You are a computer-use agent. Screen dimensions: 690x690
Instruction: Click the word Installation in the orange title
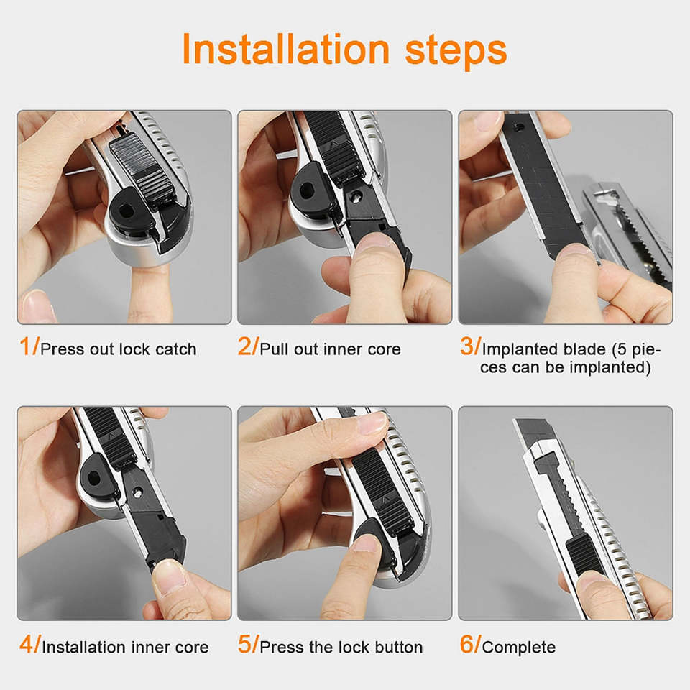pyautogui.click(x=285, y=49)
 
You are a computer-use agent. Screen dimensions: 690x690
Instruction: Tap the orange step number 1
pyautogui.click(x=24, y=346)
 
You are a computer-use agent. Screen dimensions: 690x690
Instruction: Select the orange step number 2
pyautogui.click(x=244, y=346)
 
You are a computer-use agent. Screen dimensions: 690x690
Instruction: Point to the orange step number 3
pyautogui.click(x=466, y=346)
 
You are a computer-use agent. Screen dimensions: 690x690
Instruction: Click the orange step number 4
pyautogui.click(x=26, y=644)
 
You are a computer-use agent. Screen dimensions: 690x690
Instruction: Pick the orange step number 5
pyautogui.click(x=244, y=644)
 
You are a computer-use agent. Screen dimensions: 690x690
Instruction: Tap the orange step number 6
pyautogui.click(x=466, y=644)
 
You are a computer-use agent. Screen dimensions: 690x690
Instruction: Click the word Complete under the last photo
pyautogui.click(x=519, y=648)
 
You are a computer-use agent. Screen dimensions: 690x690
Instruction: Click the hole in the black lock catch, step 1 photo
pyautogui.click(x=126, y=211)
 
